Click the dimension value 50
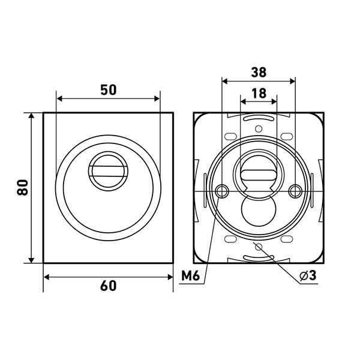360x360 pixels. coord(109,90)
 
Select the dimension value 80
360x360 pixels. coord(23,187)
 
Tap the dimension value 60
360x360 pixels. coord(109,286)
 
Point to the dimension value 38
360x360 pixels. coord(259,72)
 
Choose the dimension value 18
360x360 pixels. coord(259,93)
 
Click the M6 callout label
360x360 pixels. coord(191,275)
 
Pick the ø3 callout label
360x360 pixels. coord(308,275)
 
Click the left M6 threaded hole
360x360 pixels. coord(222,191)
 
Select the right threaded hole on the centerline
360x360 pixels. coord(295,191)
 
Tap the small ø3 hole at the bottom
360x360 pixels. coord(259,247)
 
